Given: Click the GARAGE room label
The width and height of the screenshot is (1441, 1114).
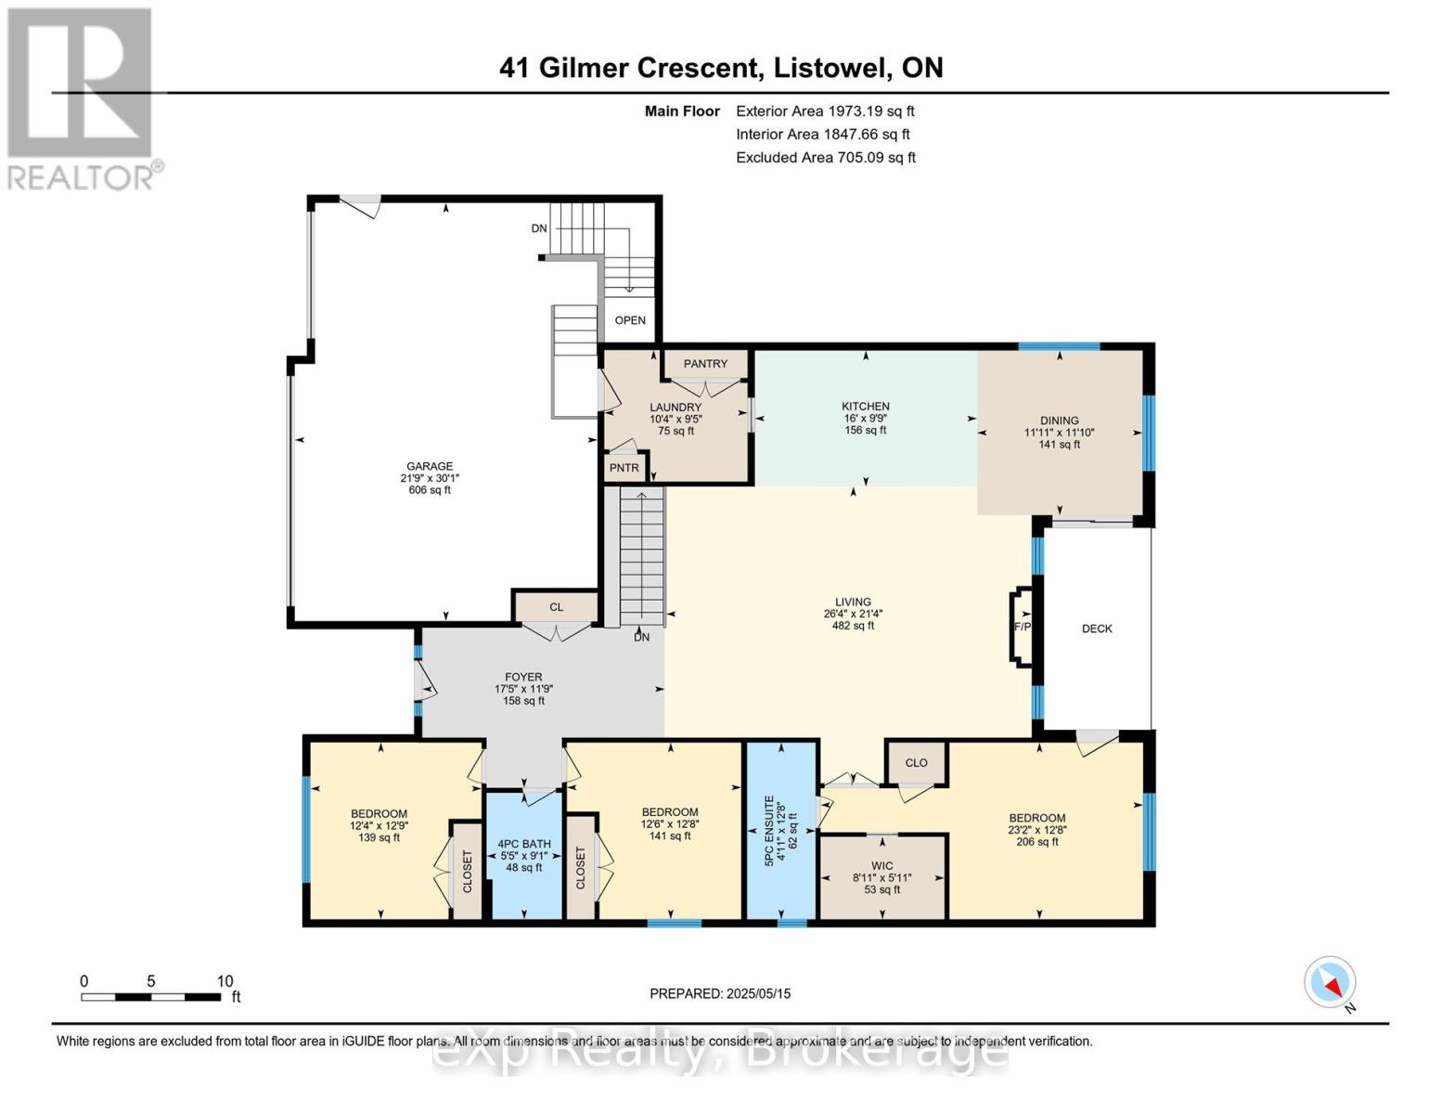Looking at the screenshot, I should [429, 466].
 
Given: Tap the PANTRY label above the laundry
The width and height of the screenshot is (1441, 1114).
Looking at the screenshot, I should [705, 364].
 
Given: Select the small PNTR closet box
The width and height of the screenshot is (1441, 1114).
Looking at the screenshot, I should [624, 467].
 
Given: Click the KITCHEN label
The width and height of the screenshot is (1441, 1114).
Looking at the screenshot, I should [865, 407].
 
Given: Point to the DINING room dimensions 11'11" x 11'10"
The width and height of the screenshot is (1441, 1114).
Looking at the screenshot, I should [1059, 433].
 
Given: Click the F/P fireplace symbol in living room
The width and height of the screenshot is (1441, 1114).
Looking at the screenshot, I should [1022, 626].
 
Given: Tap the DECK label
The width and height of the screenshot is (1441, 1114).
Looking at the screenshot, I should [1097, 628].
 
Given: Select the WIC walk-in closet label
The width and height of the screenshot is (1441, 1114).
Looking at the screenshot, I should [882, 866].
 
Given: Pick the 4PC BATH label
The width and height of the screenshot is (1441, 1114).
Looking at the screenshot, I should [524, 844].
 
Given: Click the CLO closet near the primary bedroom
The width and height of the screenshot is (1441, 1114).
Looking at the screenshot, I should [916, 762].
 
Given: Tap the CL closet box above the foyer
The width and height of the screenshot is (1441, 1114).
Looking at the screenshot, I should [556, 607].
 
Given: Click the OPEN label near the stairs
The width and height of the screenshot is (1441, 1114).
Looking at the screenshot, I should [630, 320].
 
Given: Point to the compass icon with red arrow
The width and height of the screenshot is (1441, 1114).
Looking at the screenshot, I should [1330, 982].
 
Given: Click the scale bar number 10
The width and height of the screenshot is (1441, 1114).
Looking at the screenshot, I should [225, 981].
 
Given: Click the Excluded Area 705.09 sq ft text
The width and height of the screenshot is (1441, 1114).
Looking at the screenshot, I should [826, 158].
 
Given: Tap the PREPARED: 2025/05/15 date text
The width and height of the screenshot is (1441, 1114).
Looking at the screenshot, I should [720, 993].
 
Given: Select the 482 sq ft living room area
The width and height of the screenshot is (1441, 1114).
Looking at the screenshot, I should [853, 626].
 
